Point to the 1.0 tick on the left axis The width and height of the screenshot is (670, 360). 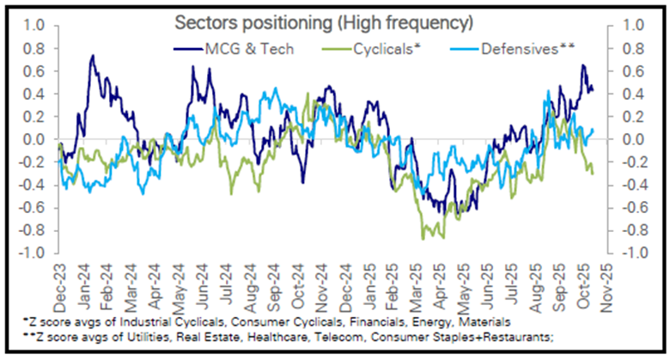[33, 26]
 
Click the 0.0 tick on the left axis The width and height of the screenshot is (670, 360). [33, 139]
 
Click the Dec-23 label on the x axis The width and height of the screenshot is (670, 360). [60, 278]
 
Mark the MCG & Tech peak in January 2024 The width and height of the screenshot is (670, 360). [92, 56]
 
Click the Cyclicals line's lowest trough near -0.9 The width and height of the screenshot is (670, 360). [423, 238]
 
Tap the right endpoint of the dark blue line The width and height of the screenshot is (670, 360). [592, 88]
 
